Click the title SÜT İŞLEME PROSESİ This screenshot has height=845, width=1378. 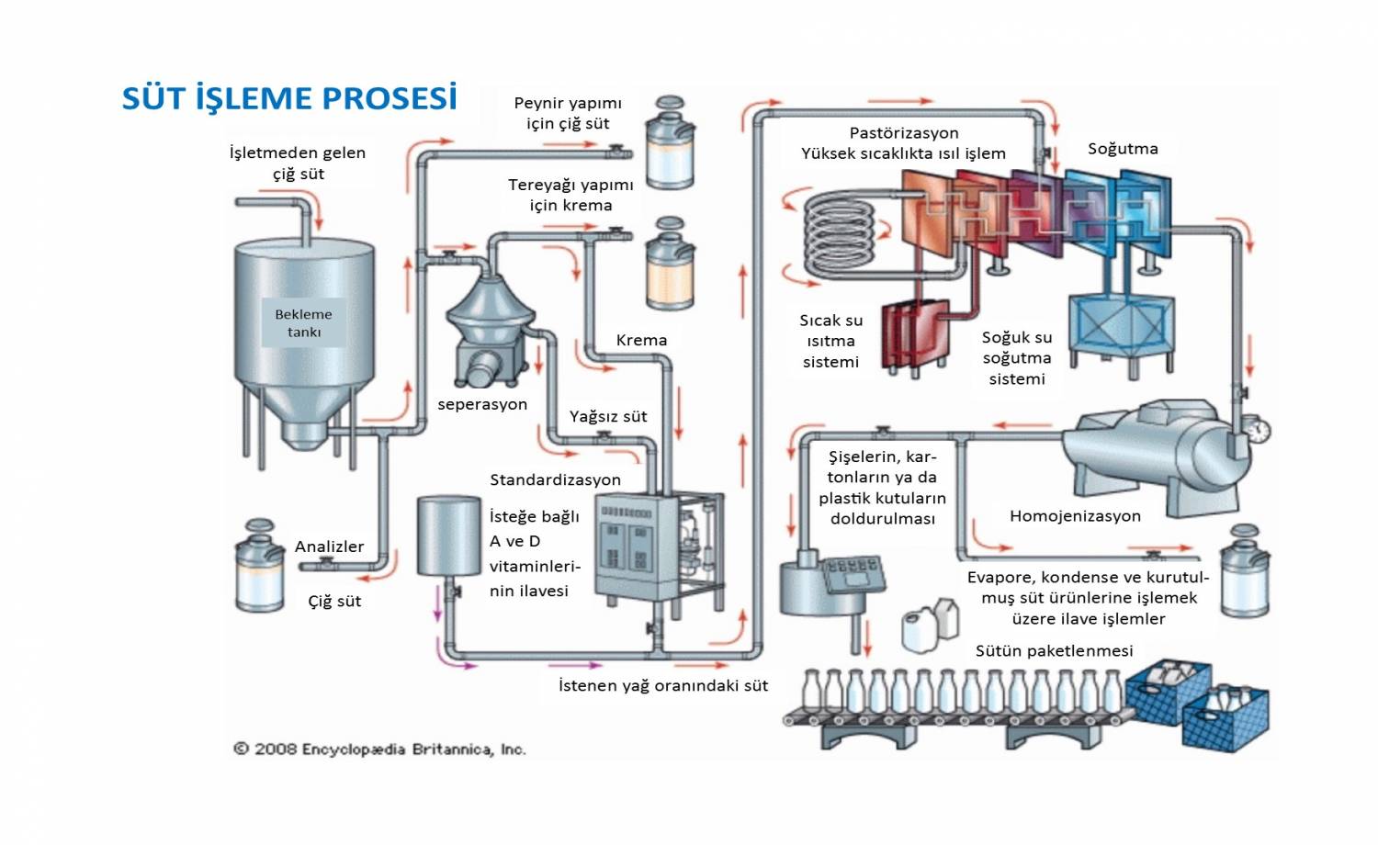click(x=289, y=98)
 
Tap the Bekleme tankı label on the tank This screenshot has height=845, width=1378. click(x=303, y=322)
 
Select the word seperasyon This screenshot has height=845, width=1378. click(x=482, y=404)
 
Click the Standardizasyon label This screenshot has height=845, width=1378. click(x=555, y=479)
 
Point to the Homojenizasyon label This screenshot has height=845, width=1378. click(x=1075, y=516)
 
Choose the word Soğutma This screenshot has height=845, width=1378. click(x=1123, y=149)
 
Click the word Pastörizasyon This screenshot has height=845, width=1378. click(x=904, y=133)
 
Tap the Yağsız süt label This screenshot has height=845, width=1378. click(x=608, y=416)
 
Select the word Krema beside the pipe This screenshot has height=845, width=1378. click(x=641, y=340)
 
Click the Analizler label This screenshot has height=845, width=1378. click(x=329, y=546)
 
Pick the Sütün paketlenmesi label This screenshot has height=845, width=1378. click(x=1054, y=650)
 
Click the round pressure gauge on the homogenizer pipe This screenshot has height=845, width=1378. click(x=1259, y=429)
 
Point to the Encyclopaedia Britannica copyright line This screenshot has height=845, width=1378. click(x=379, y=749)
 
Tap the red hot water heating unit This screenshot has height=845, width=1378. click(x=915, y=335)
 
